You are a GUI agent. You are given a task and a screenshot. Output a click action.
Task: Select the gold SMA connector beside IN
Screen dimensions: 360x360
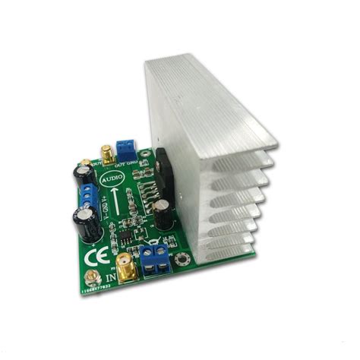click(125, 267)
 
